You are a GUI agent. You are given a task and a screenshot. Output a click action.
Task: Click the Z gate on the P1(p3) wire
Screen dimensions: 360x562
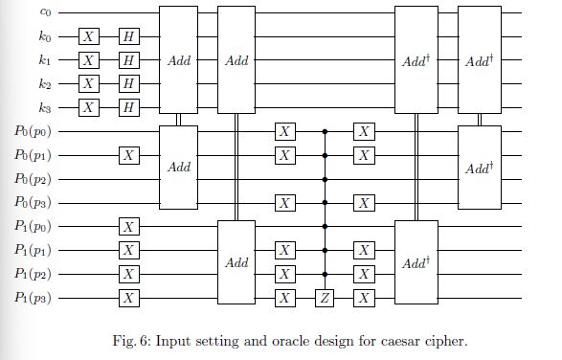[324, 298]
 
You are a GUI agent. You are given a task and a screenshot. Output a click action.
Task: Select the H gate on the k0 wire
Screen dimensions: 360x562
[128, 36]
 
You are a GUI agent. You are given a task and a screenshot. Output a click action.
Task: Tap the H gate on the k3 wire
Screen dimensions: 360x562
[128, 107]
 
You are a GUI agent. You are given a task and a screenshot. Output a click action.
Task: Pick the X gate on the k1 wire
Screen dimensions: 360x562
[88, 60]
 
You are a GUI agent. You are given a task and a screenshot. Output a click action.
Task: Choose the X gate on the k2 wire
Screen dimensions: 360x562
[88, 83]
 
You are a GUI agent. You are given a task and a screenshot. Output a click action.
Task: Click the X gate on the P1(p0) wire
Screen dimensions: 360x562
[128, 226]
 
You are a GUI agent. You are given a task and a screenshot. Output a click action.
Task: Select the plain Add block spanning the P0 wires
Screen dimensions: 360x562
[178, 167]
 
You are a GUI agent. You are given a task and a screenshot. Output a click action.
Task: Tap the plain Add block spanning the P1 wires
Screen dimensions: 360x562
[237, 262]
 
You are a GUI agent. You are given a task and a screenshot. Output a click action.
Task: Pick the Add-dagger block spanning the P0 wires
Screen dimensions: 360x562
[478, 167]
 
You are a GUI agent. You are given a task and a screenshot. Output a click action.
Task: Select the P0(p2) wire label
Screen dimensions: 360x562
[36, 178]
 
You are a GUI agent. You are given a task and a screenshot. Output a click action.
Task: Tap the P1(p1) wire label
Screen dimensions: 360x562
[36, 250]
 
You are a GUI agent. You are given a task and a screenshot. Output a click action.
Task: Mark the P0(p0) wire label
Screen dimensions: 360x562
[36, 131]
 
